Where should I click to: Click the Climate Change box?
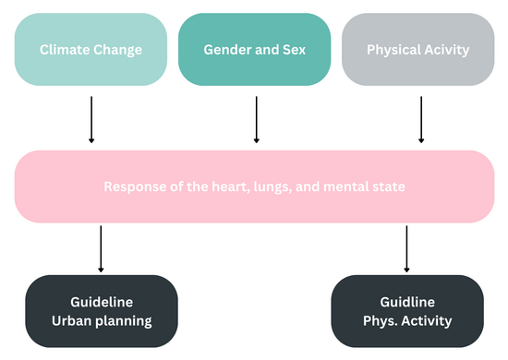[x=91, y=49]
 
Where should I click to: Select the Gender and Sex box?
[x=254, y=49]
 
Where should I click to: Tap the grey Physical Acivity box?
[x=417, y=49]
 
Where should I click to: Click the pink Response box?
[x=254, y=186]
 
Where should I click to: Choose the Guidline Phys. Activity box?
[x=406, y=311]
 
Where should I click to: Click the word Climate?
[x=63, y=49]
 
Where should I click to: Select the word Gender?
[x=226, y=49]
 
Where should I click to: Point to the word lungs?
[x=284, y=187]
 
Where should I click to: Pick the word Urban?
[x=71, y=321]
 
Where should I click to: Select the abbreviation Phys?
[x=382, y=321]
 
